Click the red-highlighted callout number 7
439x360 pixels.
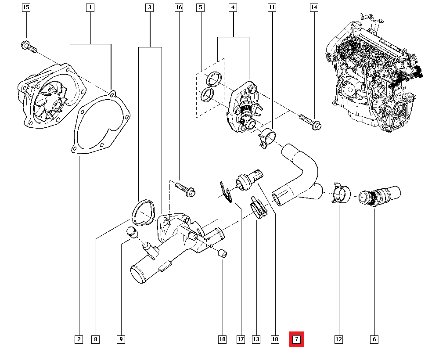(296, 339)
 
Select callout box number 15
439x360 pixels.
(26, 7)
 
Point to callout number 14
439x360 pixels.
(313, 7)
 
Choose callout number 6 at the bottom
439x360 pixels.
(374, 339)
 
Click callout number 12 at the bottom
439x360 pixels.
(338, 339)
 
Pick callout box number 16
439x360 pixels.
(178, 7)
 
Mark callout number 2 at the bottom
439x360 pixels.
(79, 339)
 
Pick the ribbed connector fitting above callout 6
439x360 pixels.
(380, 195)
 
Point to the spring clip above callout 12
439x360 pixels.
(341, 193)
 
